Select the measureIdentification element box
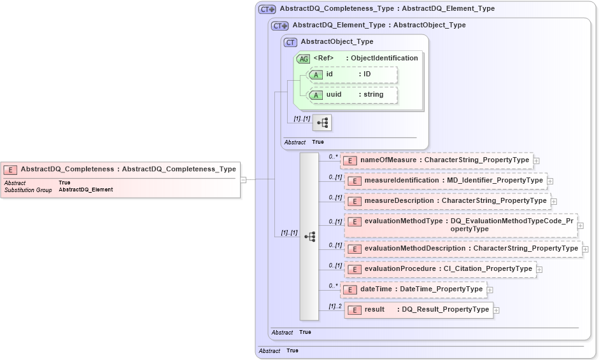[x=445, y=181]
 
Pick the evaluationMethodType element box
[x=460, y=225]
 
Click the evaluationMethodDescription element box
[x=463, y=249]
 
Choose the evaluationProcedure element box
[x=440, y=269]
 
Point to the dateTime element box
[x=414, y=289]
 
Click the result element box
[x=418, y=310]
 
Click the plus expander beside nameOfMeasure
[x=537, y=161]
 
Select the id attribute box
[x=353, y=74]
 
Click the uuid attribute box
[x=353, y=95]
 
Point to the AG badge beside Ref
[x=304, y=59]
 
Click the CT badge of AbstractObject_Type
[x=291, y=42]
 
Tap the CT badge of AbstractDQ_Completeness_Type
[x=267, y=10]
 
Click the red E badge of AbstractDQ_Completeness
[x=11, y=170]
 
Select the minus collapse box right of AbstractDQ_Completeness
[x=244, y=179]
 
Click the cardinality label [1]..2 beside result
[x=335, y=307]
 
